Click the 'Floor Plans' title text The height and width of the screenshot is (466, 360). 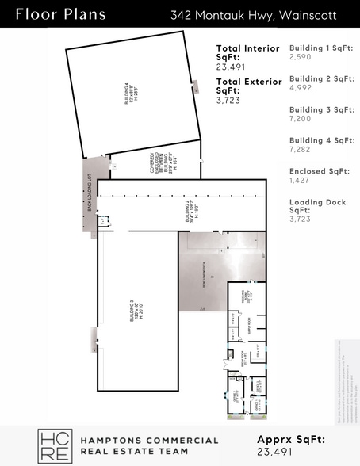point(49,14)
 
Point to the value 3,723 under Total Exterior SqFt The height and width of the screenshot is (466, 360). point(229,101)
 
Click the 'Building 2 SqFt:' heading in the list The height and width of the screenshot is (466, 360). point(321,78)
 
